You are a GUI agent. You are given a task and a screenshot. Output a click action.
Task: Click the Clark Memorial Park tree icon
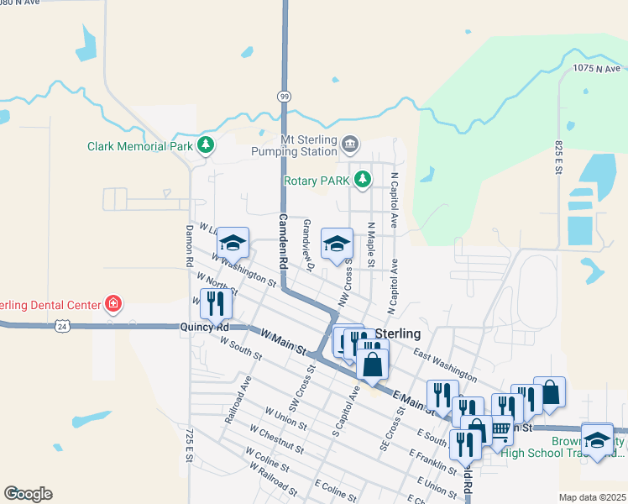point(206,145)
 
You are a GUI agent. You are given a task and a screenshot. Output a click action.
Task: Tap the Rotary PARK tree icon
point(363,179)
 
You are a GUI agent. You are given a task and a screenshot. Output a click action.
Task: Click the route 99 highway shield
point(285,97)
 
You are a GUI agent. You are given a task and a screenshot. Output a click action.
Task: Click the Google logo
point(28,494)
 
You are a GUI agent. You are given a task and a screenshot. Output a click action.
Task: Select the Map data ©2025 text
point(591,497)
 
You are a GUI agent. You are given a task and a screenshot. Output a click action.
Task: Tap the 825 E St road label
point(558,158)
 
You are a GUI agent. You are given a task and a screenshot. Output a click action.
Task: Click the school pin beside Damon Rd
point(233,243)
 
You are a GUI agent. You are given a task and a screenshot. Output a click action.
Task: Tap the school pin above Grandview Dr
point(338,244)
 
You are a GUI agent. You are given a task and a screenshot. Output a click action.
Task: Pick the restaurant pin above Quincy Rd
point(216,302)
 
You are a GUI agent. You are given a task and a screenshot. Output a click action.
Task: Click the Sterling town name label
point(397,334)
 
